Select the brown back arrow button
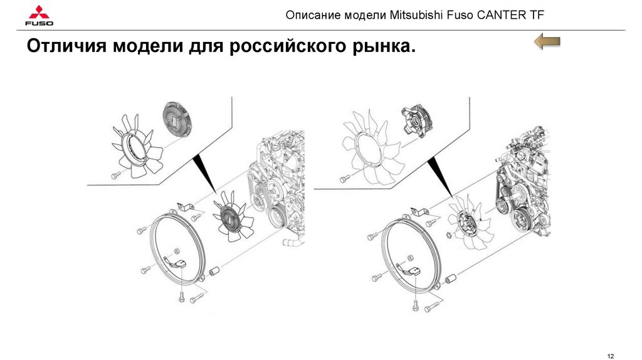pyautogui.click(x=546, y=43)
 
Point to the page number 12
pyautogui.click(x=611, y=356)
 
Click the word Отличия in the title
pyautogui.click(x=65, y=47)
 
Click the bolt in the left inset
pyautogui.click(x=115, y=175)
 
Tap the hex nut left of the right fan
pyautogui.click(x=450, y=236)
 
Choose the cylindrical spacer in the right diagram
pyautogui.click(x=448, y=279)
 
